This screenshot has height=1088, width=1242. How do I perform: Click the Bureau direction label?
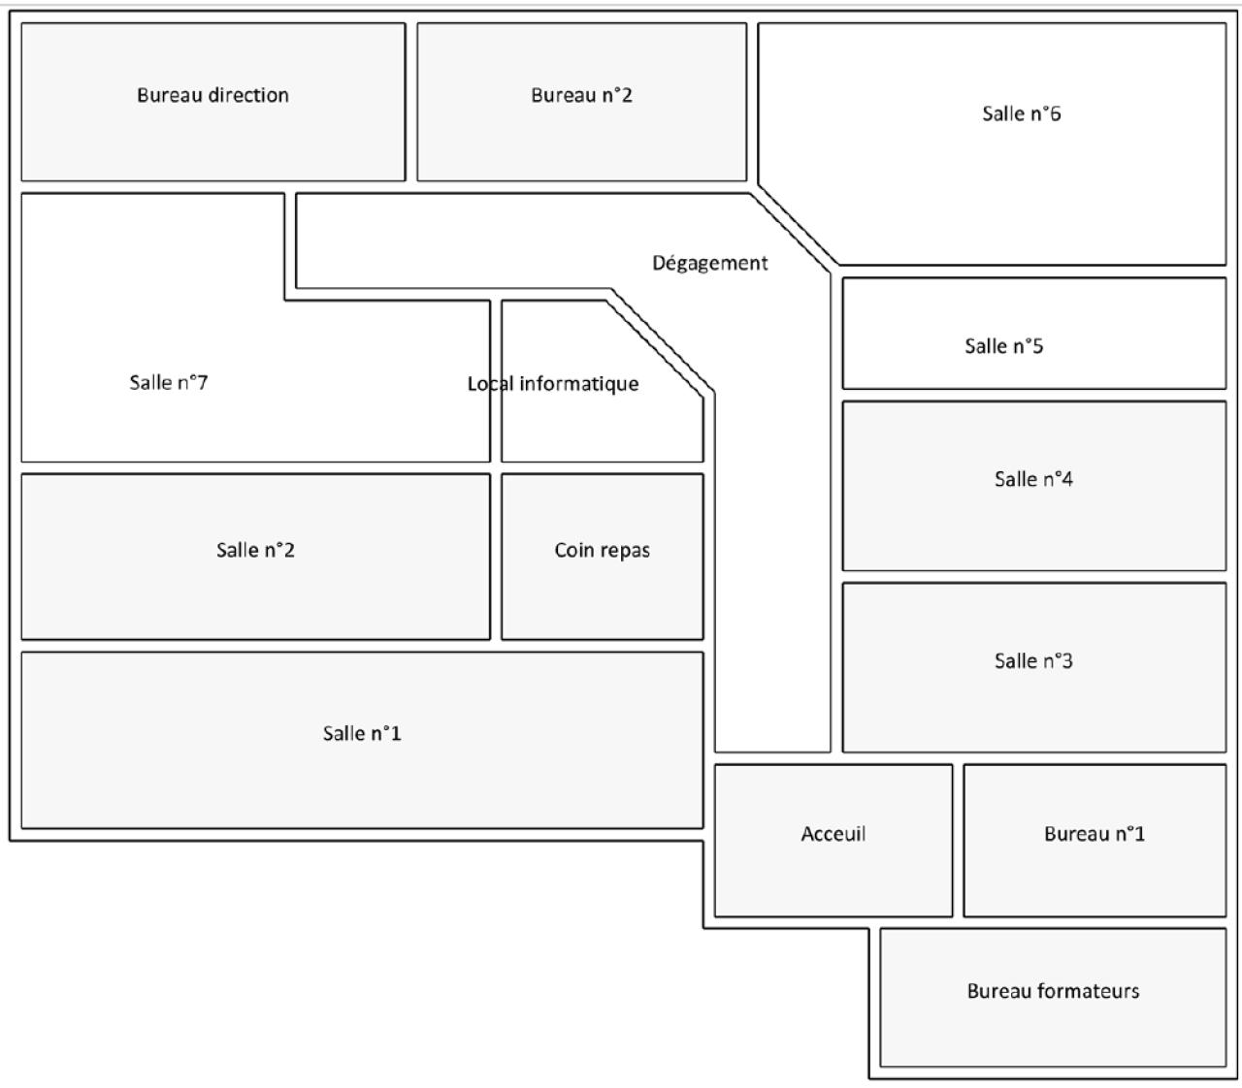tap(212, 95)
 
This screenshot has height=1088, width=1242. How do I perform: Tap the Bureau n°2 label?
tap(581, 95)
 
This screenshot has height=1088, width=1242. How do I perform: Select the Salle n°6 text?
tap(1022, 113)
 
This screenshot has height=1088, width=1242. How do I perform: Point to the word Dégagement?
tap(709, 264)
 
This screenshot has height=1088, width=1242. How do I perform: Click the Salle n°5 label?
tap(1003, 346)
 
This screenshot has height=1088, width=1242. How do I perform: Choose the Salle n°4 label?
tap(1033, 479)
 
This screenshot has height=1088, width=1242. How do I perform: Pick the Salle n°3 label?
tap(1033, 661)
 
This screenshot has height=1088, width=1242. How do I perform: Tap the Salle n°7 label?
tap(169, 383)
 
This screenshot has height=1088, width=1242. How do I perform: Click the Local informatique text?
tap(553, 384)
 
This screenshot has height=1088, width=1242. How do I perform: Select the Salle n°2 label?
tap(255, 550)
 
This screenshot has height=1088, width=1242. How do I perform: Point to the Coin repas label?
tap(602, 551)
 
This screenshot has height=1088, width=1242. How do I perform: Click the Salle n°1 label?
tap(362, 733)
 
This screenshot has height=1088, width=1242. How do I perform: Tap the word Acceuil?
tap(833, 834)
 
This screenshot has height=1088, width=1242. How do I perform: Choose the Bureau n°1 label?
tap(1095, 834)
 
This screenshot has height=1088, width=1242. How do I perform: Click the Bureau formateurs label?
tap(1053, 991)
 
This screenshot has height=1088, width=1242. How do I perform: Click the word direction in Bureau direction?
tap(248, 95)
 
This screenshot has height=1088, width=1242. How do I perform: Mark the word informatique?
tap(579, 384)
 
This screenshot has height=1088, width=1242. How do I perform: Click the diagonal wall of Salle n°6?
tap(799, 225)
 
